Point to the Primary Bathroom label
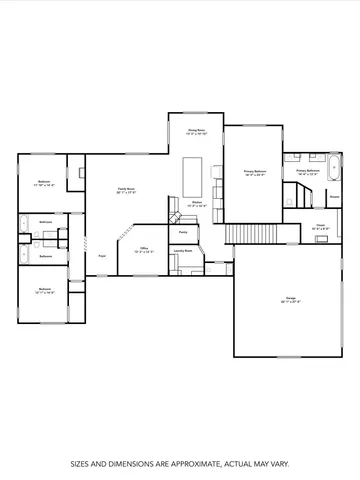(307, 172)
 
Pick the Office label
(144, 249)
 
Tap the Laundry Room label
(183, 251)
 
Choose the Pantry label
(183, 232)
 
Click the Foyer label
(102, 256)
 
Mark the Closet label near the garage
(320, 227)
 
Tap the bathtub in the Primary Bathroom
(333, 165)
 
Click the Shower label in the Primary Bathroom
(334, 196)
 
